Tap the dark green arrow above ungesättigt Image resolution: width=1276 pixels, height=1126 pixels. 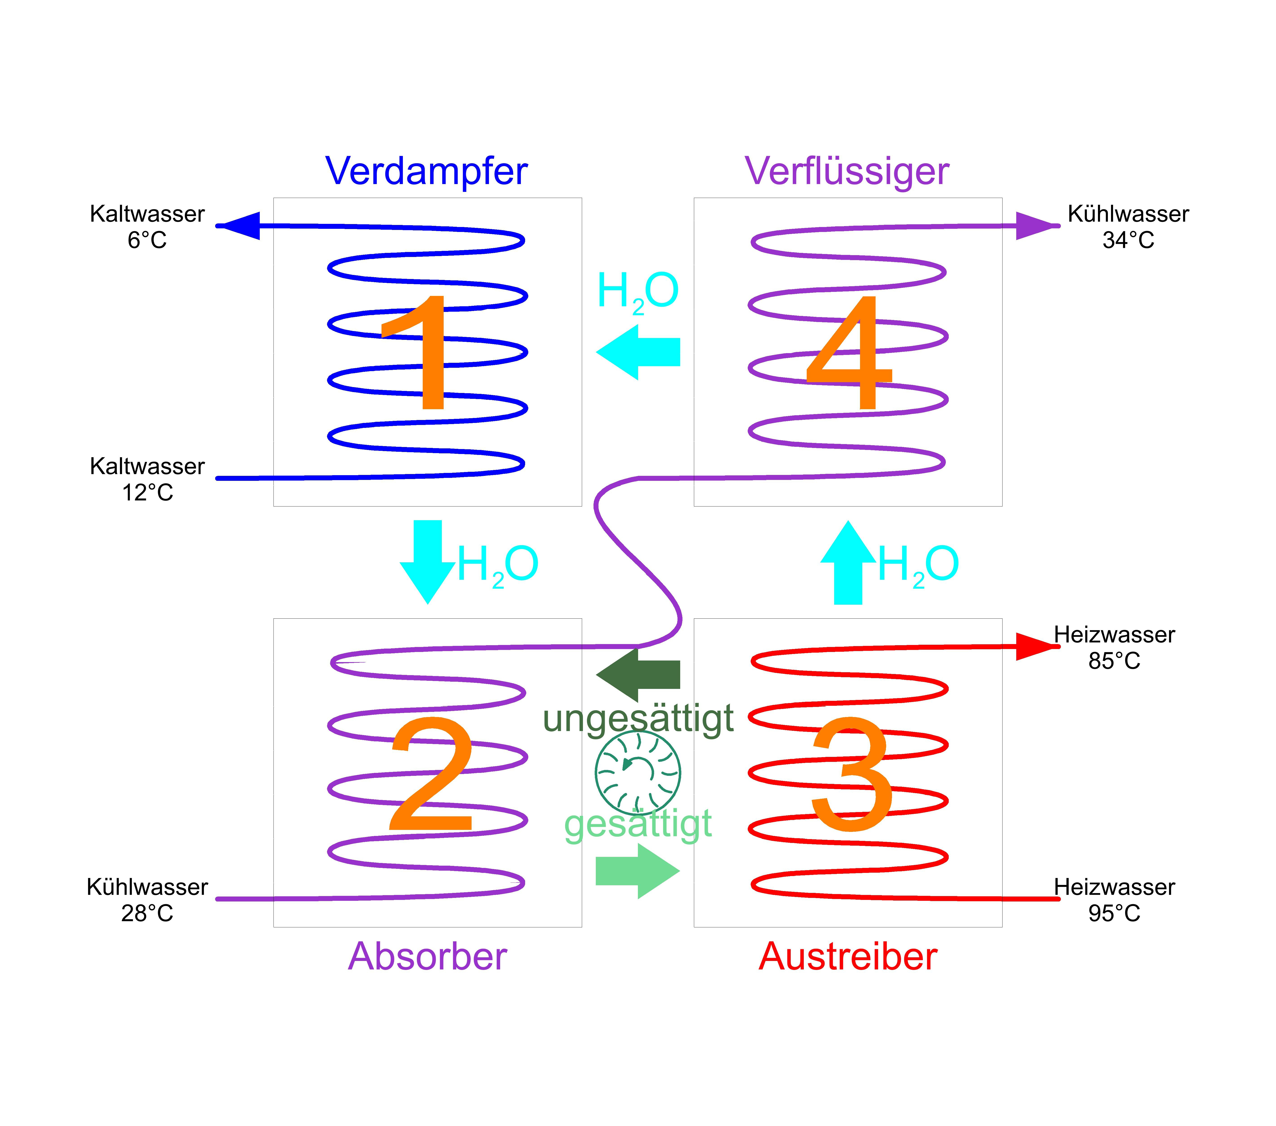point(638,675)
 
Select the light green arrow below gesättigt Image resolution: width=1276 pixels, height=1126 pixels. point(638,871)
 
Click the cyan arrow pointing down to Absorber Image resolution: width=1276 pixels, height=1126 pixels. point(428,562)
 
